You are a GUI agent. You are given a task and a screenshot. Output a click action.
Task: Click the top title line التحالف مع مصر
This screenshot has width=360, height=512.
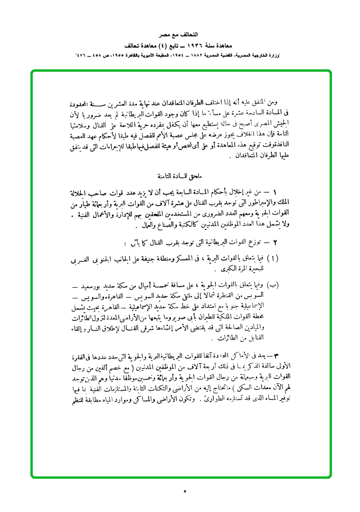pyautogui.click(x=180, y=36)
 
